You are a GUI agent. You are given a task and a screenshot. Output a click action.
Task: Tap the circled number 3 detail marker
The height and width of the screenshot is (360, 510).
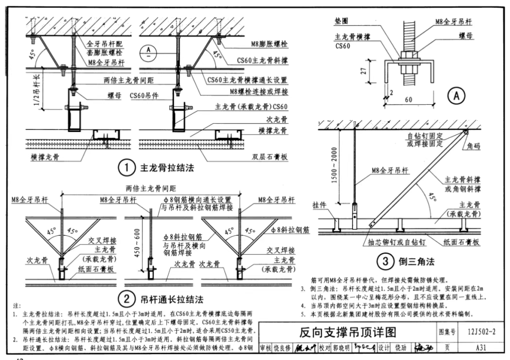(385, 262)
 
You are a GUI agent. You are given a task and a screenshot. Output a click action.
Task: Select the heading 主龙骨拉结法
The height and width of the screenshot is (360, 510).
(164, 169)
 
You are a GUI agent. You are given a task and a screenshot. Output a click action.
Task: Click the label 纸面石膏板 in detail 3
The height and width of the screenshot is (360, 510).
(462, 242)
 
